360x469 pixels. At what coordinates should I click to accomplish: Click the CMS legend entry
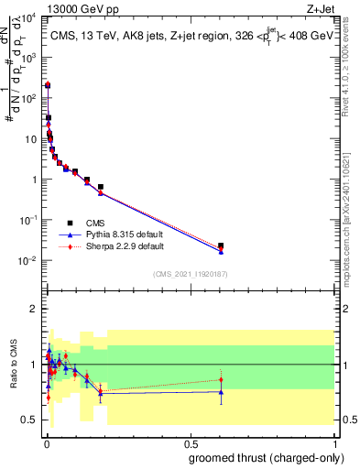(x=94, y=223)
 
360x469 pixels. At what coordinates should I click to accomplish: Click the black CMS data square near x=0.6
(x=221, y=245)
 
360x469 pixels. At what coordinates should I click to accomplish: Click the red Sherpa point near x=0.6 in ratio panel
(x=221, y=379)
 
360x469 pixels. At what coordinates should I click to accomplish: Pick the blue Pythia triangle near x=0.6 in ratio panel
(x=221, y=392)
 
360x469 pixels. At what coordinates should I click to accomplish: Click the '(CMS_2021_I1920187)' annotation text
(x=190, y=273)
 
